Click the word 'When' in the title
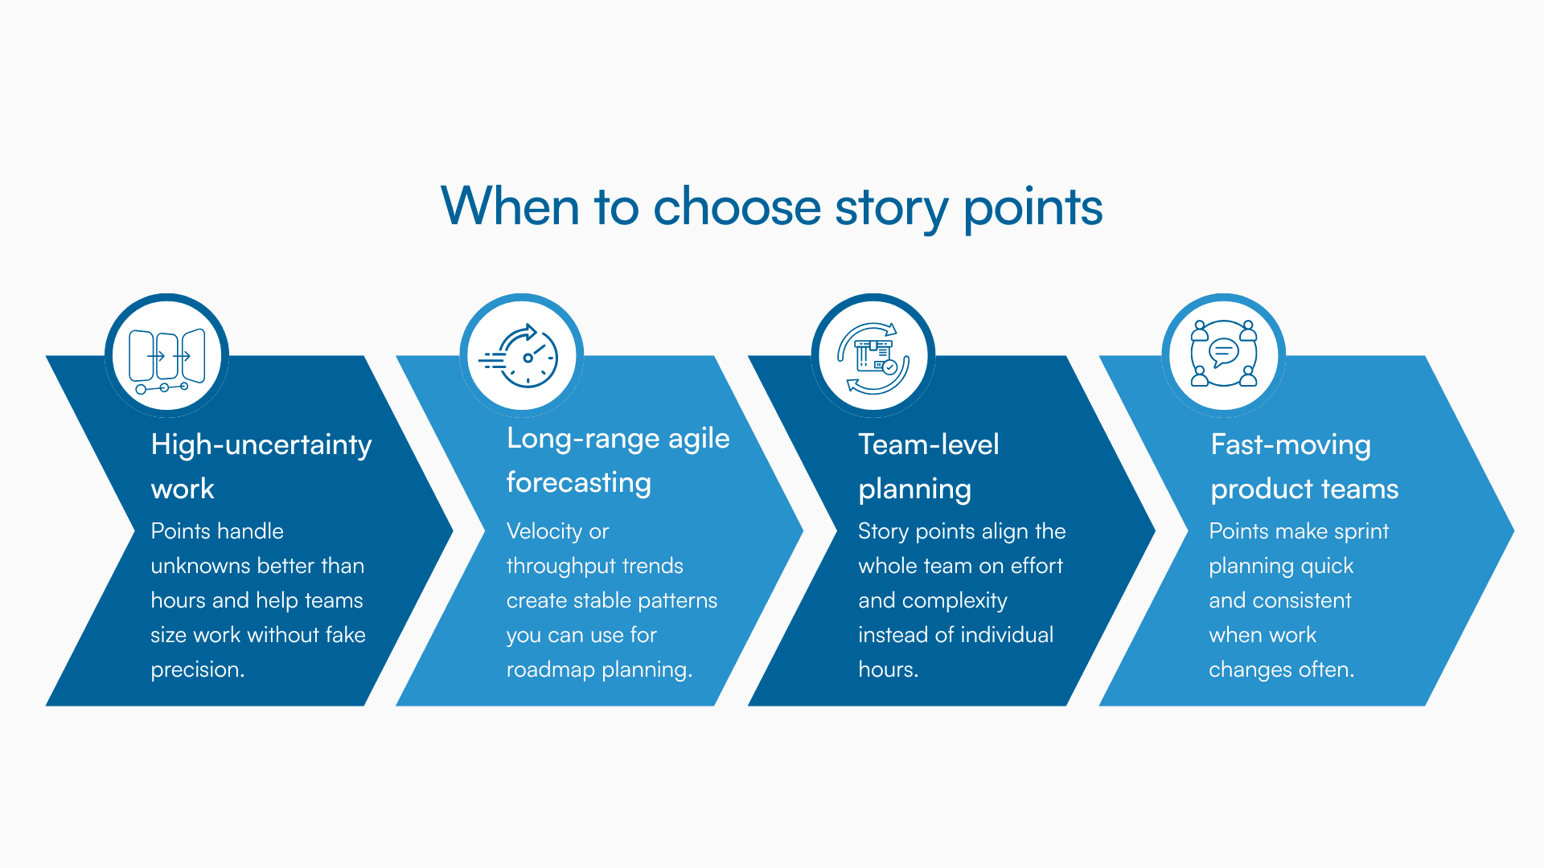point(510,207)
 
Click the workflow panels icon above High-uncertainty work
point(167,356)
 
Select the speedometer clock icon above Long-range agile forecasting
point(522,356)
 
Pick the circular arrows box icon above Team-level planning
point(873,356)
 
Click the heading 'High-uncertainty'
point(261,444)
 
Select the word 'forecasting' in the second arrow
point(578,482)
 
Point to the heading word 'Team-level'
point(928,444)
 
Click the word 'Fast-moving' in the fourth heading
point(1290,444)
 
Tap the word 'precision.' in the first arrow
point(197,669)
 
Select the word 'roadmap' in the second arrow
point(550,669)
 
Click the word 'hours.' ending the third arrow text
point(888,669)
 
